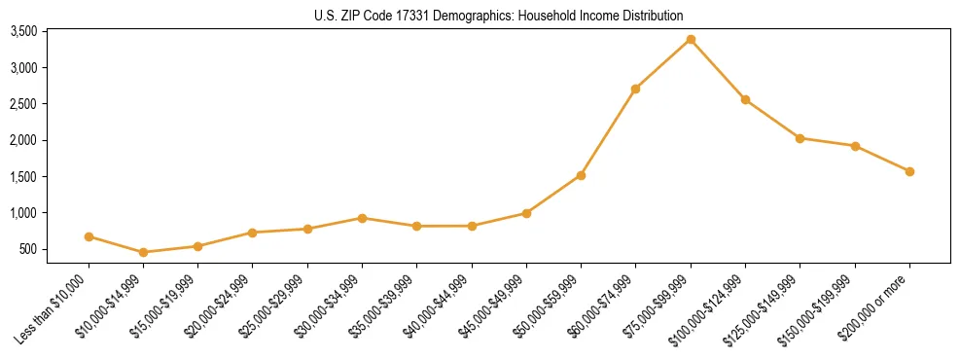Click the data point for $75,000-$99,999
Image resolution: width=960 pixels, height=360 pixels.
click(691, 40)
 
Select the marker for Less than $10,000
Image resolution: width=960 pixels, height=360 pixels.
click(89, 236)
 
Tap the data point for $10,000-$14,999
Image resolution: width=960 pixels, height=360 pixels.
click(144, 252)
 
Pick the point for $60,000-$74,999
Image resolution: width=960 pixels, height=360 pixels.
click(635, 89)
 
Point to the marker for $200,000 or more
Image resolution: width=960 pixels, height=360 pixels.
click(909, 171)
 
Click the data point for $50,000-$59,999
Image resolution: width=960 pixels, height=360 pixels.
click(581, 175)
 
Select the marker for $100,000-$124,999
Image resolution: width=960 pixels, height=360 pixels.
click(745, 99)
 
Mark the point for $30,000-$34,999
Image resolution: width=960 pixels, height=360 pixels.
click(362, 218)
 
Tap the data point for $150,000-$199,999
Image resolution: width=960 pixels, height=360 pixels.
click(855, 146)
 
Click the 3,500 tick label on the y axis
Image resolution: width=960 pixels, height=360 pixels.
click(23, 32)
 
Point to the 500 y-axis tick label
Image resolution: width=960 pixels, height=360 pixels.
click(28, 250)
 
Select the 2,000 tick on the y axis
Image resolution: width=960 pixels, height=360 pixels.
click(23, 141)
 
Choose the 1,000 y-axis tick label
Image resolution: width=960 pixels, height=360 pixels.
click(23, 214)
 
